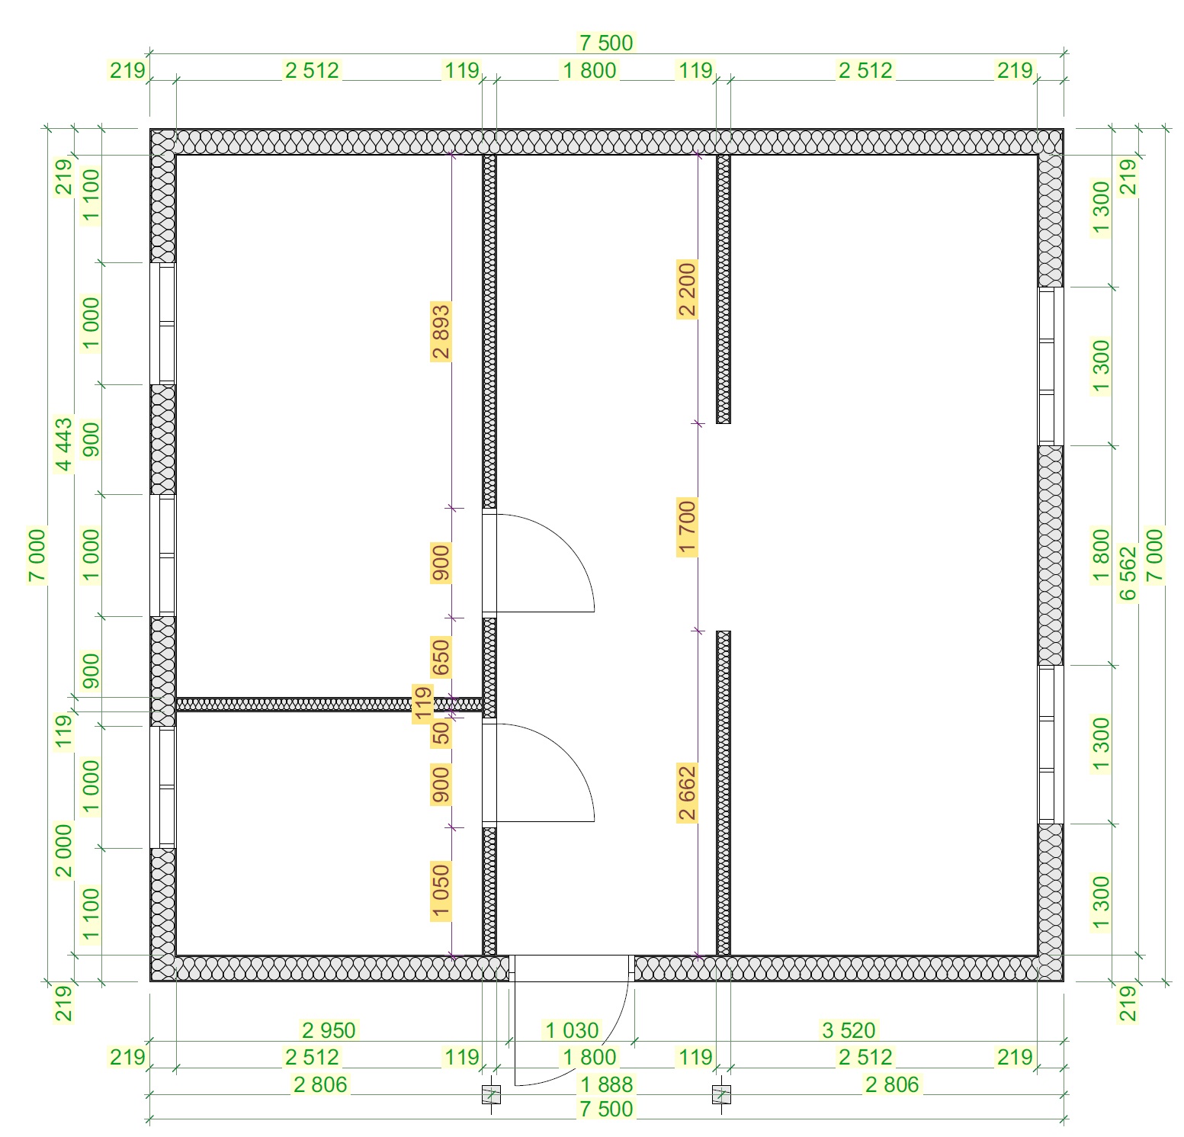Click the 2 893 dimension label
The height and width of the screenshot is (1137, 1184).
pyautogui.click(x=441, y=331)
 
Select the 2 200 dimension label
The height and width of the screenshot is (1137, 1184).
pyautogui.click(x=687, y=289)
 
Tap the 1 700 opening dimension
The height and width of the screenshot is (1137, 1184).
pyautogui.click(x=687, y=528)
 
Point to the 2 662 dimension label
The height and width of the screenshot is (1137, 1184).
pyautogui.click(x=687, y=792)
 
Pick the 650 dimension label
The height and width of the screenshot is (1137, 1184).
pyautogui.click(x=441, y=658)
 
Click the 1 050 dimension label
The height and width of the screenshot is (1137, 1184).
pyautogui.click(x=441, y=891)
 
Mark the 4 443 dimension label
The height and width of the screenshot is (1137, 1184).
pyautogui.click(x=64, y=445)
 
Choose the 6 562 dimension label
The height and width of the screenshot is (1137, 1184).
pyautogui.click(x=1128, y=572)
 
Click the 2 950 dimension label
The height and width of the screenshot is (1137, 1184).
pyautogui.click(x=329, y=1030)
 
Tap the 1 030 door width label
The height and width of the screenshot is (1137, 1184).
pyautogui.click(x=572, y=1030)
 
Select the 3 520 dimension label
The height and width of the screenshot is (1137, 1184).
pyautogui.click(x=849, y=1030)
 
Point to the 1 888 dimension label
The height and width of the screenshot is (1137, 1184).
pyautogui.click(x=606, y=1084)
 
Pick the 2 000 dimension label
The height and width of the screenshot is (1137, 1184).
pyautogui.click(x=64, y=850)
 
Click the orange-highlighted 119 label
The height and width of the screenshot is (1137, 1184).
pyautogui.click(x=422, y=704)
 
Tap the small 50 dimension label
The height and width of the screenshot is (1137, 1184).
pyautogui.click(x=441, y=733)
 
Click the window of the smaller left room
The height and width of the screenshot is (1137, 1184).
pyautogui.click(x=162, y=787)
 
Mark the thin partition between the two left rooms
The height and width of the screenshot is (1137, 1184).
pyautogui.click(x=329, y=704)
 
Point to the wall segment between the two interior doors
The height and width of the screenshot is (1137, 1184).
pyautogui.click(x=489, y=667)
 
